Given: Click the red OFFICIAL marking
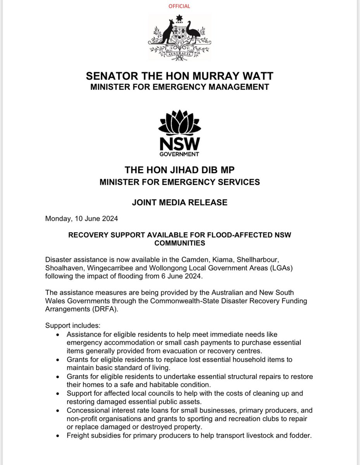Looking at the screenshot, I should pos(179,6).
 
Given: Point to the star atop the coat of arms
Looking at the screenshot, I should pos(179,18).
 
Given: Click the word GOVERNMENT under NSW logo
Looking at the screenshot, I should pos(179,154).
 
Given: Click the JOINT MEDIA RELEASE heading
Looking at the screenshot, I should pos(179,202).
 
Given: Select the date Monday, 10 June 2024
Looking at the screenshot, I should pos(82,219).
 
